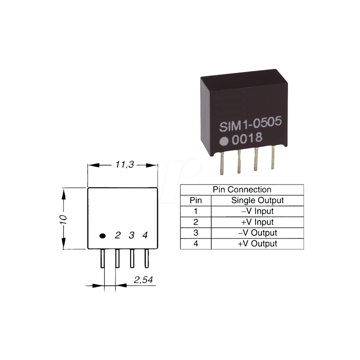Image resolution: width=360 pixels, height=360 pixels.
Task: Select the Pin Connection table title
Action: point(241,190)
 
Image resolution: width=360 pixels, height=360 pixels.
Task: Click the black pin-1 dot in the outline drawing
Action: point(103,235)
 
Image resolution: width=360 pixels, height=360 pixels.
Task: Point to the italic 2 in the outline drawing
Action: point(117,235)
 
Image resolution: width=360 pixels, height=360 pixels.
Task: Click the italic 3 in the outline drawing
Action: point(131,235)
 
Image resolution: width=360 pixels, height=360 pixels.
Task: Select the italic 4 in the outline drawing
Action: point(145,235)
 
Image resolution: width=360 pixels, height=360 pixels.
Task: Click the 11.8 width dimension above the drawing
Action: point(122,165)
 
